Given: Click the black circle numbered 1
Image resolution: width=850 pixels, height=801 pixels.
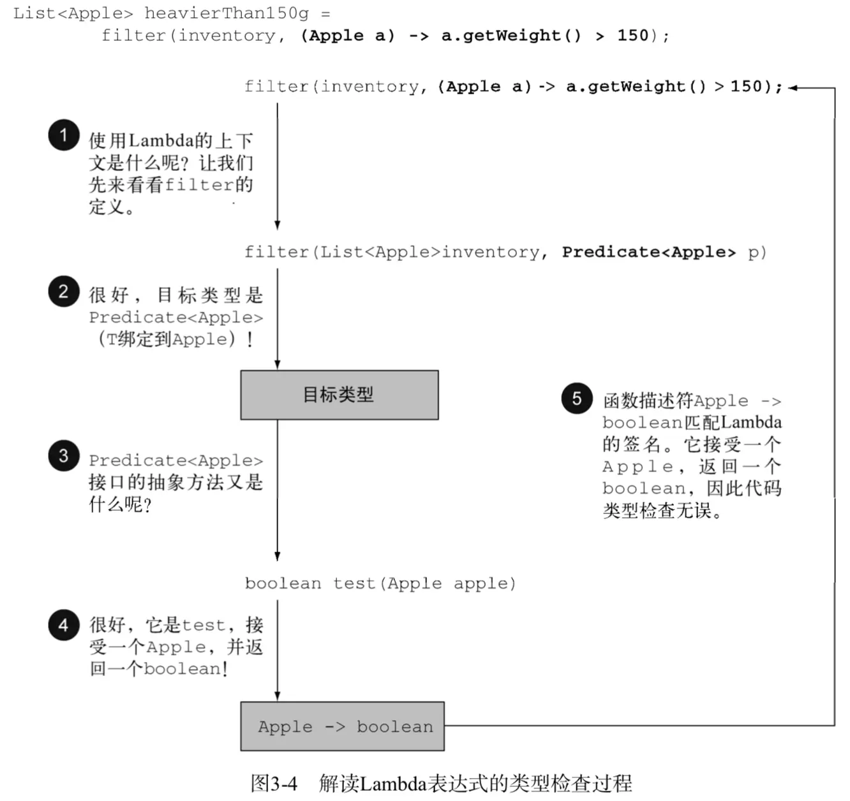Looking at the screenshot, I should pos(64,135).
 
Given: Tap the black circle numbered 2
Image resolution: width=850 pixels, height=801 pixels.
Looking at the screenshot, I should pos(64,291).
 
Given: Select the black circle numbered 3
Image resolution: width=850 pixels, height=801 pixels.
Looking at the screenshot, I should pos(64,455).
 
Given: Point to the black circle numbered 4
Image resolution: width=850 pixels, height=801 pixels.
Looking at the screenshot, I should pos(64,624).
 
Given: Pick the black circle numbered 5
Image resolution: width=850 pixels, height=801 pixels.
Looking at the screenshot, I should pos(577,398).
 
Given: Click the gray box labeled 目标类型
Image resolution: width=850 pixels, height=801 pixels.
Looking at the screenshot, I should pos(339,395).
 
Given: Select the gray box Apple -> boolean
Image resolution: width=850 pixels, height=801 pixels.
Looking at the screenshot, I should pos(342,726).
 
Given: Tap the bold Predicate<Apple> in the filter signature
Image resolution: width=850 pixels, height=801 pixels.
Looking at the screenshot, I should pos(648,252).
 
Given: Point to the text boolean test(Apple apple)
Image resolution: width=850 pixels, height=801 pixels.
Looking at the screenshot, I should pos(380,584).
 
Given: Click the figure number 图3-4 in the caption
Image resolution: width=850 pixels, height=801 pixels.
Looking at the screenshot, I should pos(274,783).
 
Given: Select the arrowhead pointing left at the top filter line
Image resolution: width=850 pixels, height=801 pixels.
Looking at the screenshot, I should pos(793,88).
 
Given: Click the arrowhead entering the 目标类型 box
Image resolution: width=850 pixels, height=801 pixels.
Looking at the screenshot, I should pos(277,365).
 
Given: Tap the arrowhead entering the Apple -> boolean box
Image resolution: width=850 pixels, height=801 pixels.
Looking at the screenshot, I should pos(277,696).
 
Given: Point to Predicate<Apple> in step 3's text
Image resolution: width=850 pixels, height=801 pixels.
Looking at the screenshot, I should pos(175,460).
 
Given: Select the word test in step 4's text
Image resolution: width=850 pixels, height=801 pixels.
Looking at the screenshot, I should pos(204,626).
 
